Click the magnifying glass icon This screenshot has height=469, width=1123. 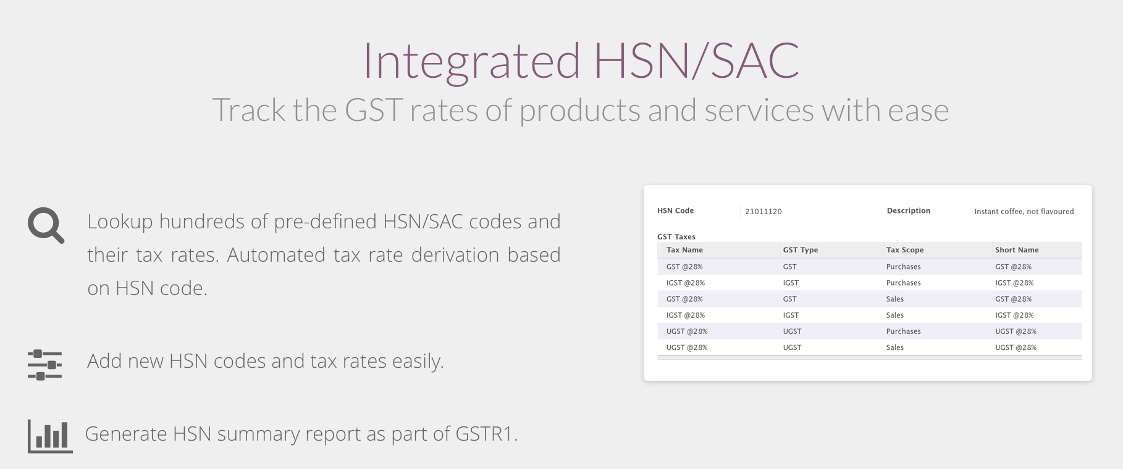click(x=44, y=225)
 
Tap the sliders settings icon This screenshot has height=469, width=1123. click(x=44, y=365)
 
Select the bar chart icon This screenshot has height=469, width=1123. click(x=50, y=436)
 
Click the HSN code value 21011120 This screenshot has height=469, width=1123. click(x=763, y=212)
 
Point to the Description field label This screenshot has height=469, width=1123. click(x=908, y=210)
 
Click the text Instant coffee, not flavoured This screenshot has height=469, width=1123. click(x=1024, y=212)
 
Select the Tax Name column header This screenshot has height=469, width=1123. click(x=684, y=250)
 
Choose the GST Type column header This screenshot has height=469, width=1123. click(x=800, y=250)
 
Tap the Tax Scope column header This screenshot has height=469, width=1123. click(x=905, y=250)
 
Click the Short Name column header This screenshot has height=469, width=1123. click(x=1017, y=250)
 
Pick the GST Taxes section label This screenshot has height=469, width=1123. click(x=676, y=237)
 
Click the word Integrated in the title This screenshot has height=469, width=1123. click(x=471, y=61)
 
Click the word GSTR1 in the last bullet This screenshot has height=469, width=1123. click(x=486, y=434)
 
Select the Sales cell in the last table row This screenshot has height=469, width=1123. click(x=894, y=347)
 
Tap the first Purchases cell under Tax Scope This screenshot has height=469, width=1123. click(x=903, y=267)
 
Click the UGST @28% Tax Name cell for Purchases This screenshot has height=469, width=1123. click(x=687, y=331)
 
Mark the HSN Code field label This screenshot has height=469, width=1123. click(x=675, y=210)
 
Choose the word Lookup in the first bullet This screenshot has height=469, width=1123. click(x=120, y=222)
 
